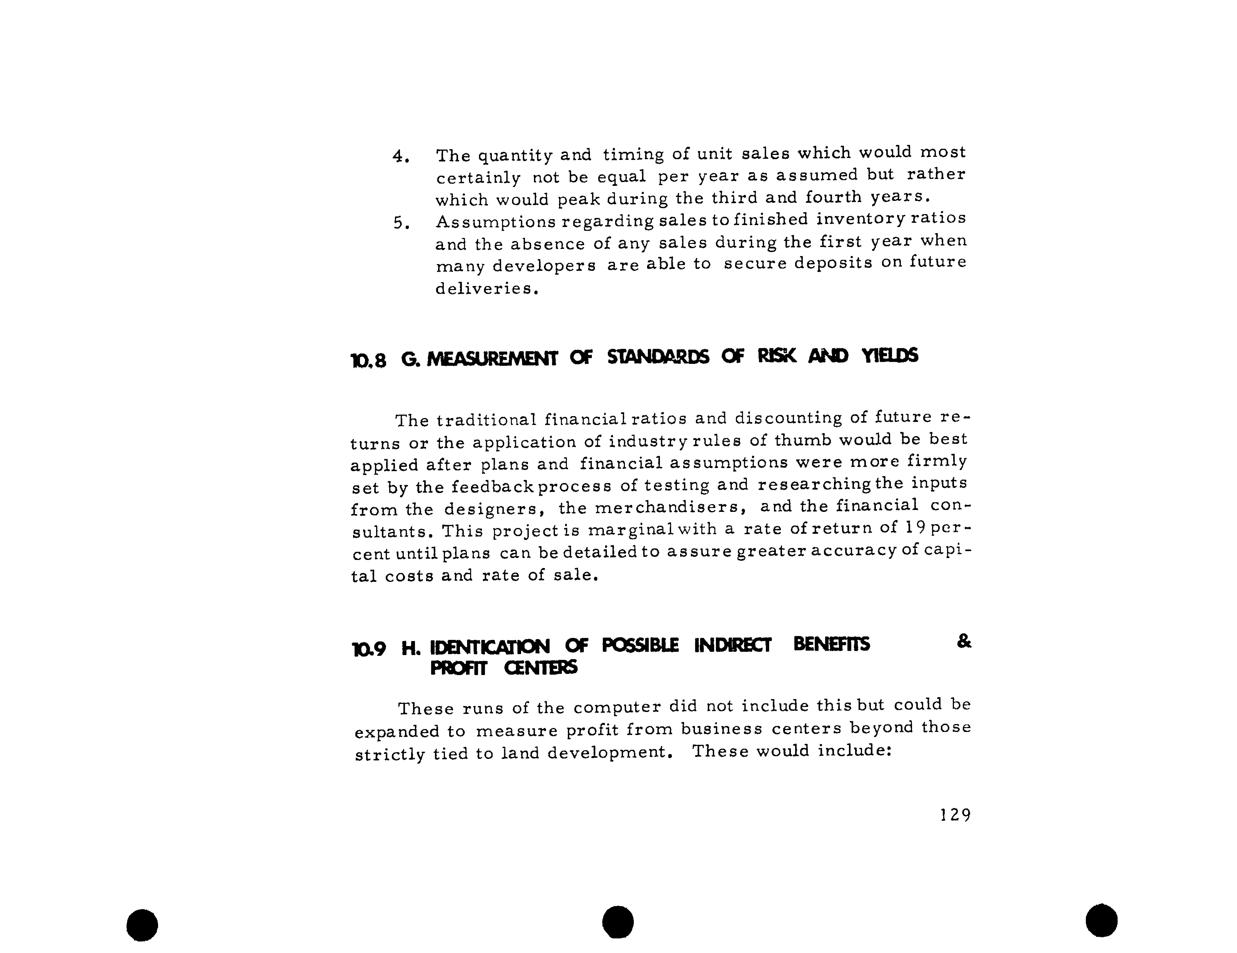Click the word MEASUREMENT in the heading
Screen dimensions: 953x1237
[x=492, y=358]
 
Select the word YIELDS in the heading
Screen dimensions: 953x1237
[x=890, y=356]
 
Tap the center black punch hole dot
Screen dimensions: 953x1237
[x=618, y=922]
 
